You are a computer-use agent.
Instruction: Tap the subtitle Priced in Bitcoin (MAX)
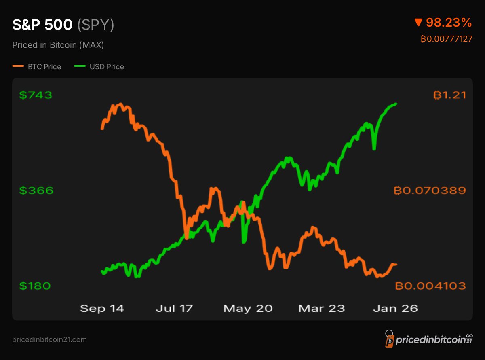click(58, 45)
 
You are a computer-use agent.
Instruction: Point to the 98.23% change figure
click(449, 23)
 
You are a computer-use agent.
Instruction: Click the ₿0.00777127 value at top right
click(446, 39)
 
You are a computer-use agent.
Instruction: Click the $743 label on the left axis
click(36, 95)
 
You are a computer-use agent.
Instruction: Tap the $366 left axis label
click(36, 190)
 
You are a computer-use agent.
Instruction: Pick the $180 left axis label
click(36, 286)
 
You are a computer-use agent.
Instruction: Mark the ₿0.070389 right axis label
click(429, 190)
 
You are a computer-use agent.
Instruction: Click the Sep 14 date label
click(102, 309)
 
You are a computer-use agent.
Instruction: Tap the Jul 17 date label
click(174, 309)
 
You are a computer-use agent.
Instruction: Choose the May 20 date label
click(248, 309)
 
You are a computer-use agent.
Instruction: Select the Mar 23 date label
click(321, 309)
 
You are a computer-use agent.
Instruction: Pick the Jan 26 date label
click(396, 309)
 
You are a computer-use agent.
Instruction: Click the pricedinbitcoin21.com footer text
click(49, 340)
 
